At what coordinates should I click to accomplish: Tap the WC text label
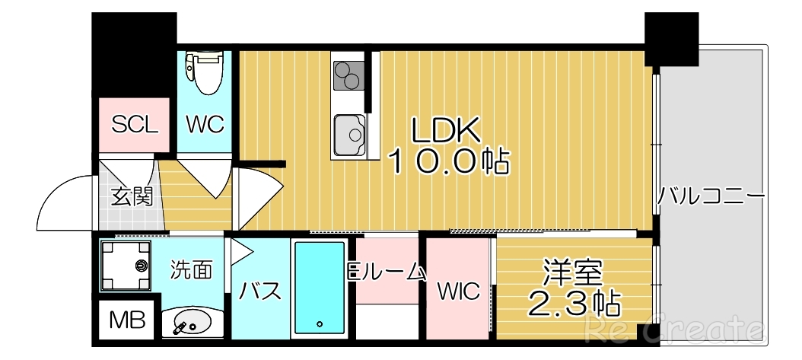205,124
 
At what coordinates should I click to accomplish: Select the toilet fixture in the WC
205,72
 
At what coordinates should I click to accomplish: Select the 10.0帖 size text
448,161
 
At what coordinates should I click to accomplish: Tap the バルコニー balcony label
711,196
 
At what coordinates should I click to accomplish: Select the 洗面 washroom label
190,269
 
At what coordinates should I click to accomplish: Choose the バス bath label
260,291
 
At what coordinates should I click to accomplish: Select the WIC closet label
458,292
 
